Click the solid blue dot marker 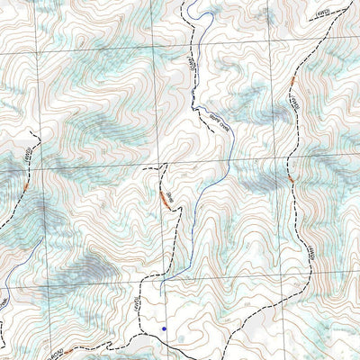coord(164,329)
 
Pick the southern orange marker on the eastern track coord(291,179)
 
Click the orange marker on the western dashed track coord(28,183)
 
